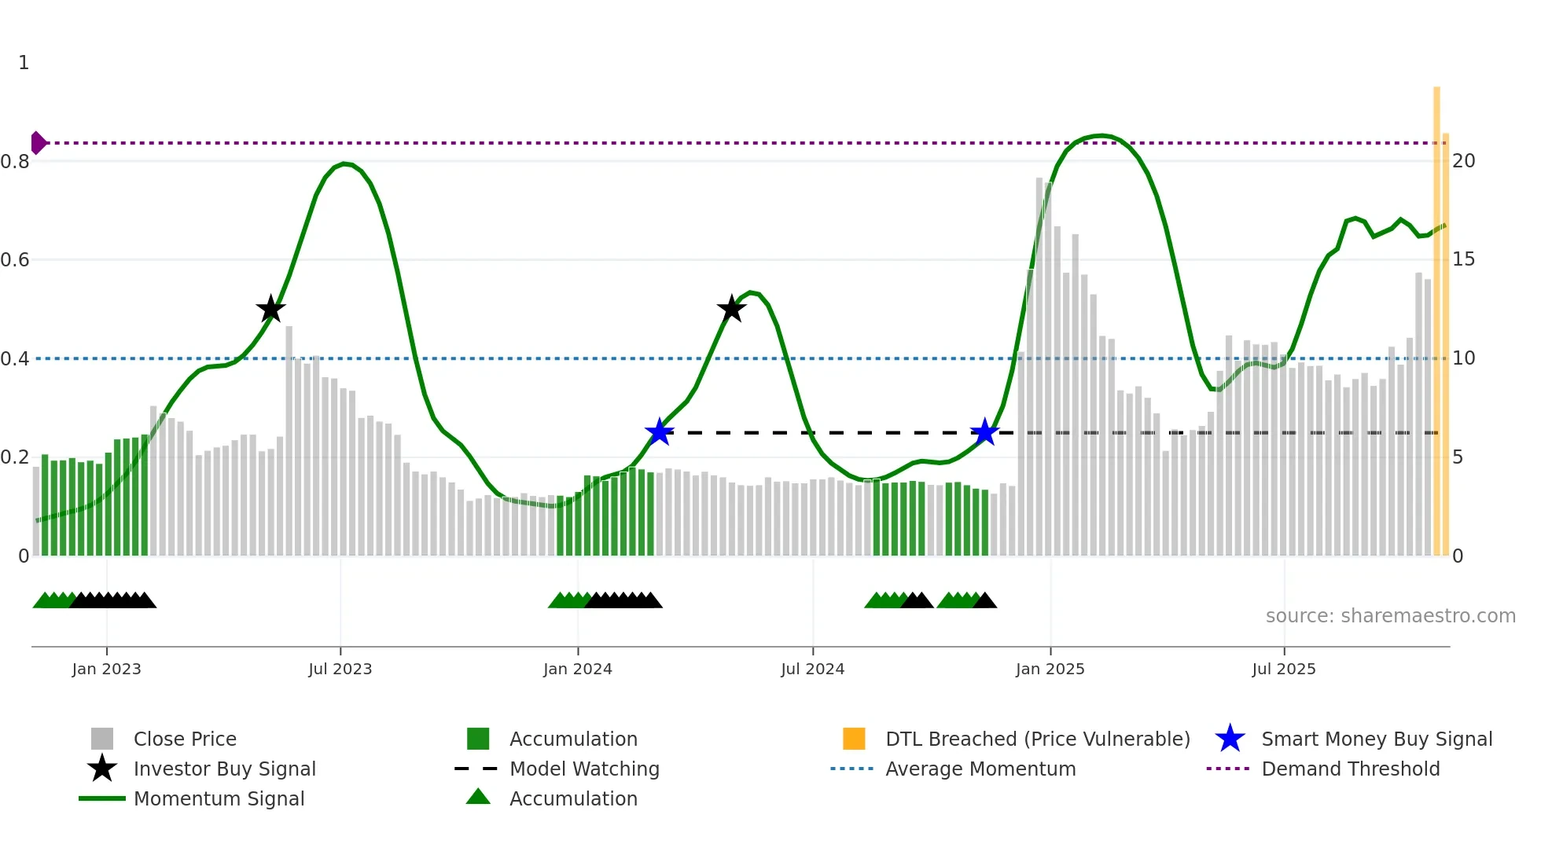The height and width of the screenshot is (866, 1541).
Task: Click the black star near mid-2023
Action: point(270,309)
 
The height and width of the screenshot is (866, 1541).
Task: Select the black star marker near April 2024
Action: point(731,309)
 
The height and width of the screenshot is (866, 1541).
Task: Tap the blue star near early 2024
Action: point(659,432)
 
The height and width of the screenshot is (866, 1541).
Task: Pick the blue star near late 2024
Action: point(984,432)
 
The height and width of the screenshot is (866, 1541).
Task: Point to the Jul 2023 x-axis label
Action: point(340,669)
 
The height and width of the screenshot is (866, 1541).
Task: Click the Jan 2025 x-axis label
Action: point(1050,669)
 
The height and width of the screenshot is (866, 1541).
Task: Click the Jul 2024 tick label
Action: point(812,669)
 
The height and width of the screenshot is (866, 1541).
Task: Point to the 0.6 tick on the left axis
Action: point(15,260)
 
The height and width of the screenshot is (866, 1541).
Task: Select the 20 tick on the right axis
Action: point(1463,161)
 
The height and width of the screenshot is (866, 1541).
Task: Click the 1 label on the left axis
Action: point(24,63)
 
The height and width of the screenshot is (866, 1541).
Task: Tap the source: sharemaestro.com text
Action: point(1390,615)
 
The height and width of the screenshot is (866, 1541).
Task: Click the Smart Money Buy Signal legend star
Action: point(1230,739)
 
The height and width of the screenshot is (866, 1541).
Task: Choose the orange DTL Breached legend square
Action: point(854,739)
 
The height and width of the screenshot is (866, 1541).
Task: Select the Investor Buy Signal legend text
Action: point(225,769)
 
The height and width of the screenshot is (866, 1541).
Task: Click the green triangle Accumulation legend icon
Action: point(478,797)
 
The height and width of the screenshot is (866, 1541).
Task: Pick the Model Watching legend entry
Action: point(584,769)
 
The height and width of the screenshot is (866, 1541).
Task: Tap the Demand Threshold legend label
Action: point(1350,769)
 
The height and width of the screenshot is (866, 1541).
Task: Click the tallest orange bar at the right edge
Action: point(1436,314)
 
